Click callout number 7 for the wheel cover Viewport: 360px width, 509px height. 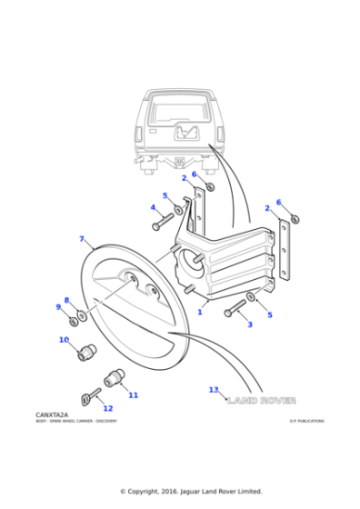point(82,239)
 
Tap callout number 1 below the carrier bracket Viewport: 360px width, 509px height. point(199,312)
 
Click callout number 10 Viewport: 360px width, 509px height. point(64,341)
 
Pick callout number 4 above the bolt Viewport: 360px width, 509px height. point(153,207)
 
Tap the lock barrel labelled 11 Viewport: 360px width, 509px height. point(115,377)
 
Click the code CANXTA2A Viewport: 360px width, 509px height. point(52,414)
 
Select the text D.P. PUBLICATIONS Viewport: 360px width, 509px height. point(306,421)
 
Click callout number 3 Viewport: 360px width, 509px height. point(250,324)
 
